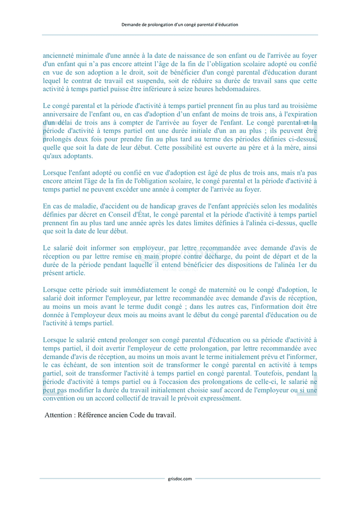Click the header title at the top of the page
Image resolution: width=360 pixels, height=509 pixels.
[180, 24]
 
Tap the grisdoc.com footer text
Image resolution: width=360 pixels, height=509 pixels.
[180, 478]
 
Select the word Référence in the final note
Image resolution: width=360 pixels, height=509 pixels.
[99, 415]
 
